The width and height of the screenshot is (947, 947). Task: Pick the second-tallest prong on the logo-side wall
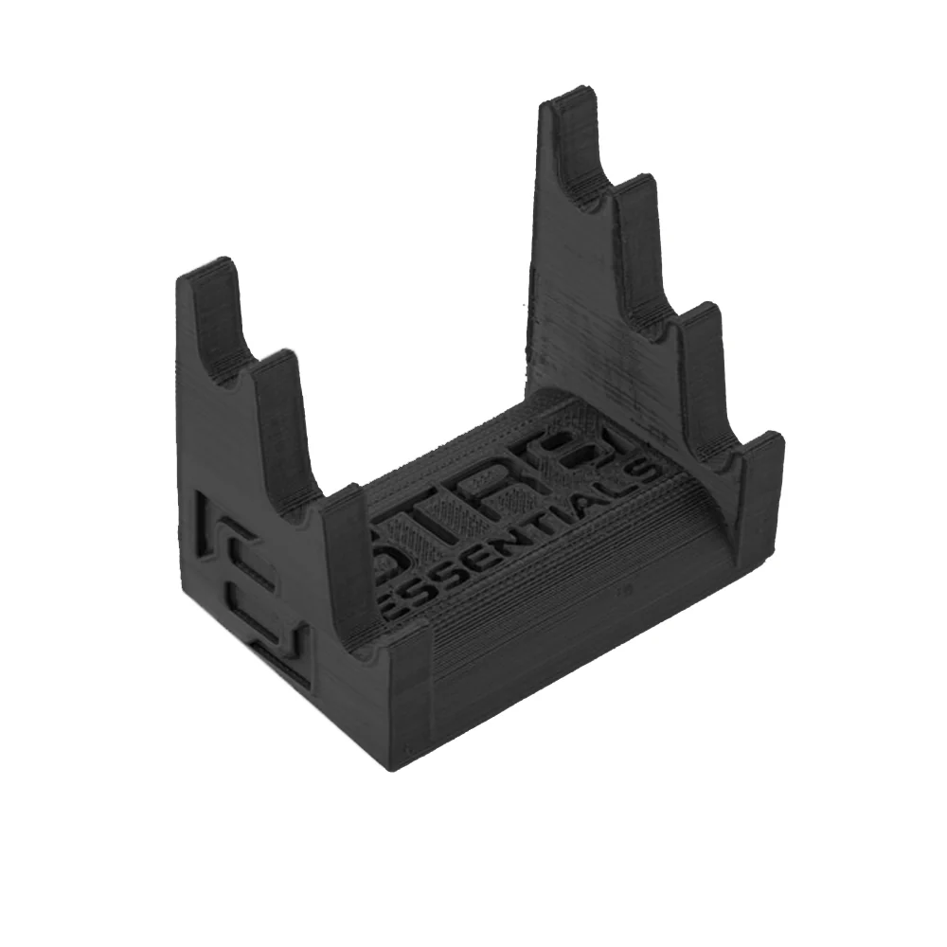[275, 379]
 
